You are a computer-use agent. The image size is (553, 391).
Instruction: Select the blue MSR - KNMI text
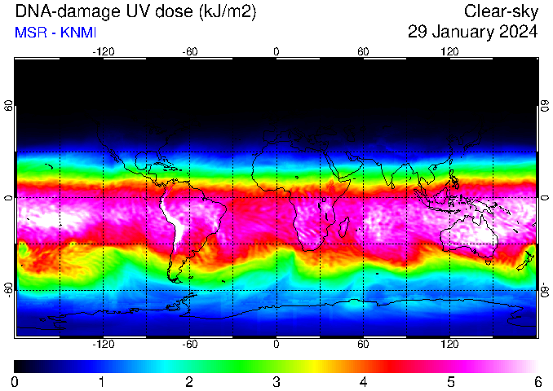click(55, 33)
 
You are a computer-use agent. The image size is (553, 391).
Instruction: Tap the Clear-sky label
click(501, 11)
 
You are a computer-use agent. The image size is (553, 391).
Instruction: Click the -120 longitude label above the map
click(104, 52)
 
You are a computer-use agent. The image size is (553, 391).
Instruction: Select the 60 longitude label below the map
click(363, 344)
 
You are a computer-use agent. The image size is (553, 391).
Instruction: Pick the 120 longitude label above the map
click(449, 52)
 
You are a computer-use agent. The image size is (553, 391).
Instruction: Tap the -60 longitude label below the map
click(190, 344)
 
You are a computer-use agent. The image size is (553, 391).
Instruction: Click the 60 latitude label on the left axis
click(8, 105)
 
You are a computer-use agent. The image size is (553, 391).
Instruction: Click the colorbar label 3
click(276, 382)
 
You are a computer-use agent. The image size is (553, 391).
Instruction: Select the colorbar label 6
click(538, 382)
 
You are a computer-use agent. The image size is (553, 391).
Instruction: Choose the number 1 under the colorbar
click(102, 382)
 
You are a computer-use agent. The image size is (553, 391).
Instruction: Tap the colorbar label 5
click(451, 382)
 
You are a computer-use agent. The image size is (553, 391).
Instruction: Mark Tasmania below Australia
click(489, 262)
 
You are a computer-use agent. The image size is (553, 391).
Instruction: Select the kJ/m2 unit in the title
click(227, 12)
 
